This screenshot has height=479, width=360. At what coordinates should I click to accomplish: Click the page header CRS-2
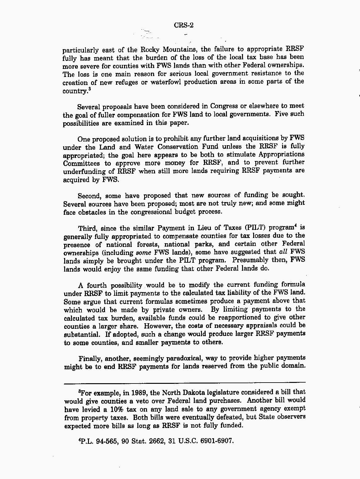pyautogui.click(x=184, y=25)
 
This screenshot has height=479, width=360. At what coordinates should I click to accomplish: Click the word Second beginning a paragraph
pyautogui.click(x=89, y=196)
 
